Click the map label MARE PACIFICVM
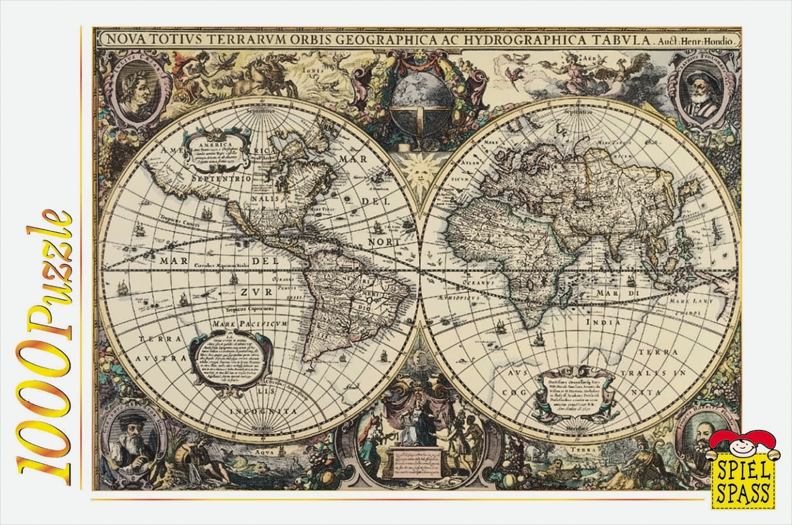[x=250, y=324]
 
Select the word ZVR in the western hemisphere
[x=256, y=292]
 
